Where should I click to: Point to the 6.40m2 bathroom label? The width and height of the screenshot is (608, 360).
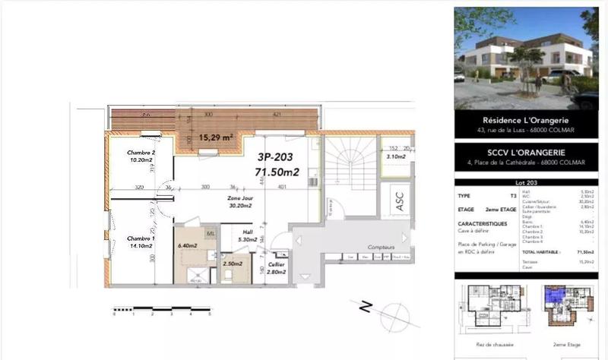(187, 245)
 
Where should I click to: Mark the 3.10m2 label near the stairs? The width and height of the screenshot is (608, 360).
(395, 157)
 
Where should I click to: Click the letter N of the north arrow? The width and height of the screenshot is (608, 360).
(366, 307)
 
